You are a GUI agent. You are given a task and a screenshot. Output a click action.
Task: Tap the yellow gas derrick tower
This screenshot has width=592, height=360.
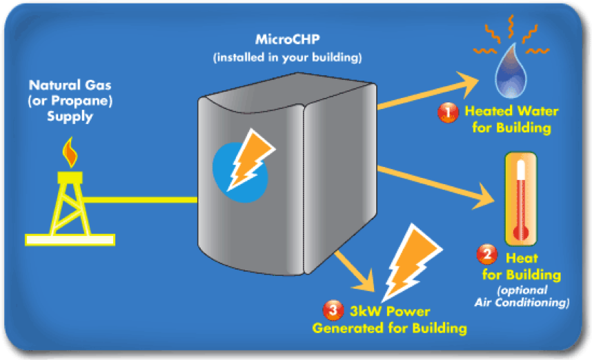click(x=69, y=203)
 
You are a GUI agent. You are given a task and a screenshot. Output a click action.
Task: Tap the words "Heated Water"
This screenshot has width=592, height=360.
click(x=511, y=112)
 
